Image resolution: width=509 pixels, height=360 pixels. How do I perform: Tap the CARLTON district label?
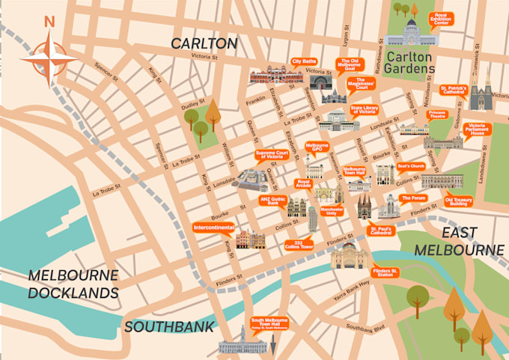tap(204, 43)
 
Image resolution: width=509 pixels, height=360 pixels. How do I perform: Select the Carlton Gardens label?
tap(410, 62)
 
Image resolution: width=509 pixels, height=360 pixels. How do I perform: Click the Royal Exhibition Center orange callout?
tap(441, 19)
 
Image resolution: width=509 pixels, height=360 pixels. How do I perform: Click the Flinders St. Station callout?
tap(386, 272)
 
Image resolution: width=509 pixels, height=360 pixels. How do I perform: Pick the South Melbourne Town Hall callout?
tap(269, 324)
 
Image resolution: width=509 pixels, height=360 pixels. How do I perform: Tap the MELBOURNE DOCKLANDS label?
tap(73, 283)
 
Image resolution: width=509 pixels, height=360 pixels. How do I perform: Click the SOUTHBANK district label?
tap(169, 326)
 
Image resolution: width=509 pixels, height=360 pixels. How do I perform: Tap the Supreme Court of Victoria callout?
tap(269, 156)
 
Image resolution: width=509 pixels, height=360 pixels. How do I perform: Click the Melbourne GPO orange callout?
tap(317, 146)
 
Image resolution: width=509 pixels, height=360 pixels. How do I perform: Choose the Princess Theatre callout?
tap(437, 114)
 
